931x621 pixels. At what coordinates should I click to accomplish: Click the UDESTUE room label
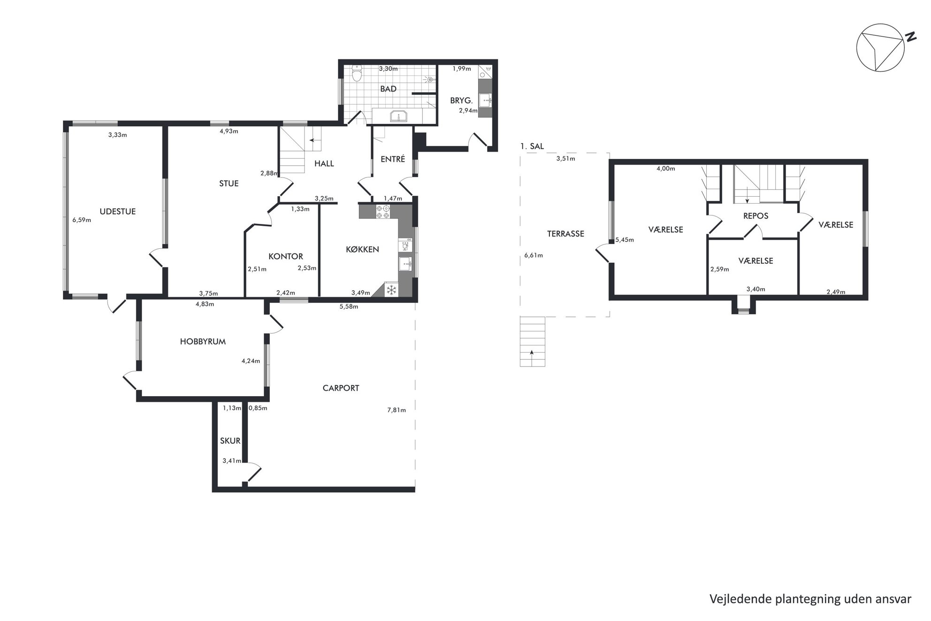pyautogui.click(x=117, y=211)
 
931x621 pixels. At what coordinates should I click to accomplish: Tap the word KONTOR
pyautogui.click(x=285, y=256)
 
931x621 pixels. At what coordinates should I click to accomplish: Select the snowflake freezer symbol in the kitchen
pyautogui.click(x=391, y=290)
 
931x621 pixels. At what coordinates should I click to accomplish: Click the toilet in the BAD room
pyautogui.click(x=357, y=73)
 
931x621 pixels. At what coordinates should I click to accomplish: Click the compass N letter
pyautogui.click(x=911, y=37)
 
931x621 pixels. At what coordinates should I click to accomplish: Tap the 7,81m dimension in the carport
pyautogui.click(x=397, y=410)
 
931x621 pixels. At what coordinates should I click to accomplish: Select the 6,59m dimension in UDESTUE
pyautogui.click(x=82, y=219)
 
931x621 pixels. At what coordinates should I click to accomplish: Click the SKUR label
pyautogui.click(x=230, y=441)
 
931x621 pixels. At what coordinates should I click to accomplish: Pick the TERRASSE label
pyautogui.click(x=565, y=233)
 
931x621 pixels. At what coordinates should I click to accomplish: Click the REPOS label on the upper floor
pyautogui.click(x=755, y=216)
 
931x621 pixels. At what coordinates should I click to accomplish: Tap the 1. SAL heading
pyautogui.click(x=532, y=146)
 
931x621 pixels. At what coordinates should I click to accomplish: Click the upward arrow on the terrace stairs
pyautogui.click(x=532, y=353)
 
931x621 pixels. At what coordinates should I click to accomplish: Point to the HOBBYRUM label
pyautogui.click(x=203, y=341)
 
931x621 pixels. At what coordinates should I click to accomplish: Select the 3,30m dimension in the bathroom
pyautogui.click(x=389, y=69)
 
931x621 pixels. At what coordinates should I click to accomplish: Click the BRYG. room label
pyautogui.click(x=461, y=100)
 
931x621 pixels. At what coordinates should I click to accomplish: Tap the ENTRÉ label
pyautogui.click(x=392, y=159)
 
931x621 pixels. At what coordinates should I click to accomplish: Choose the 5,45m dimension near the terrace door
pyautogui.click(x=625, y=240)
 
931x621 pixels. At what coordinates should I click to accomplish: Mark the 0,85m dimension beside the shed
pyautogui.click(x=258, y=408)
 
